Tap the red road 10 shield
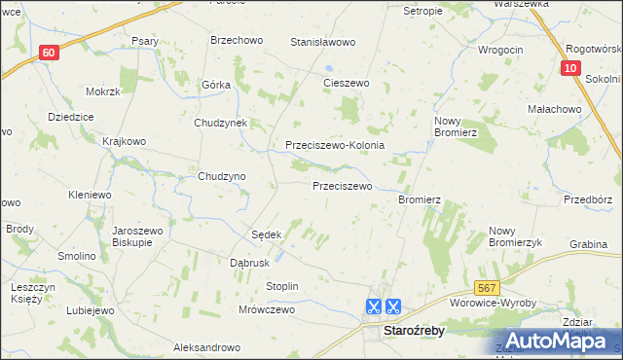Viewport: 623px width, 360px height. [x=570, y=68]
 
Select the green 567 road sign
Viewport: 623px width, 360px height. [x=488, y=289]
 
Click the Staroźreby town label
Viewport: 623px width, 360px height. [x=417, y=331]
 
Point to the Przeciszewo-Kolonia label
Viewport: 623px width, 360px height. [x=335, y=145]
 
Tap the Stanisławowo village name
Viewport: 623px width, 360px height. [x=323, y=43]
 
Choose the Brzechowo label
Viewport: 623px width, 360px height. [x=237, y=41]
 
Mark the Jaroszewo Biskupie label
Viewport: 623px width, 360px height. [x=137, y=237]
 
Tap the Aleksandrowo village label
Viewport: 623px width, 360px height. [x=206, y=347]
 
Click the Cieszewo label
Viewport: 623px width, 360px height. [x=347, y=84]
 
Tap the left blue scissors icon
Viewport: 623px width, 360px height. [x=373, y=306]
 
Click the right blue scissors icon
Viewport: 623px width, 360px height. [x=393, y=306]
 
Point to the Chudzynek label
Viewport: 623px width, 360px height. [x=222, y=124]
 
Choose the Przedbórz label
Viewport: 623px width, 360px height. [x=588, y=199]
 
